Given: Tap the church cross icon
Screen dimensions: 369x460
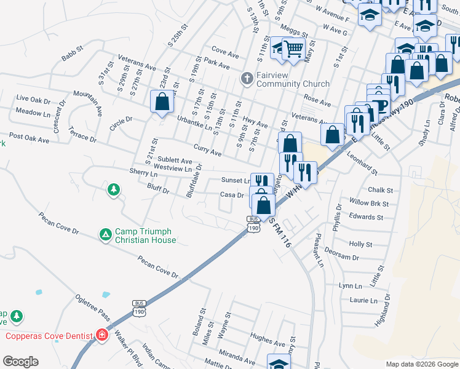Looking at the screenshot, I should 247,78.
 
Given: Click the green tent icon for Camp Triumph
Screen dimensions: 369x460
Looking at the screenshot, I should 106,234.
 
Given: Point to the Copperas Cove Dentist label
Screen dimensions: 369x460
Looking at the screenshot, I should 48,335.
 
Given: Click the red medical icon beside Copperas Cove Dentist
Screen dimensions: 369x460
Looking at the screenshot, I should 101,335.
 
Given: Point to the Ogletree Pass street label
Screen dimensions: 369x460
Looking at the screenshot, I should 93,307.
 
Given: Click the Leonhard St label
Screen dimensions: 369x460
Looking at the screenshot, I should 362,165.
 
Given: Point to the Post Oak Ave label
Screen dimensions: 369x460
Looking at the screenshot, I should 29,140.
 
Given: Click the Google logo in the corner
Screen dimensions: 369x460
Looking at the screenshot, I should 20,362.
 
